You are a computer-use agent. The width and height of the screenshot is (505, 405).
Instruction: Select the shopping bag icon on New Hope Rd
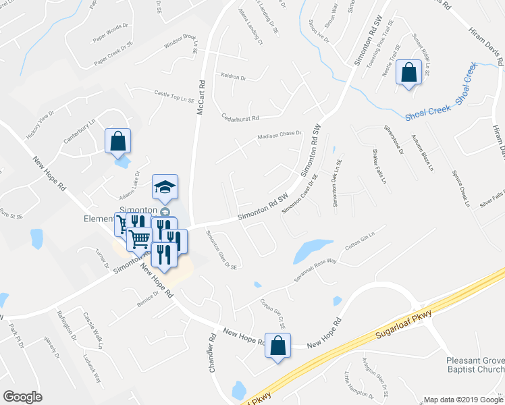tap(277, 346)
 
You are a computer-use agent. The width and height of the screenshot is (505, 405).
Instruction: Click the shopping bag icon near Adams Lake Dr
tap(117, 140)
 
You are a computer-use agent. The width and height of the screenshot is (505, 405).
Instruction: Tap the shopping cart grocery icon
tap(140, 238)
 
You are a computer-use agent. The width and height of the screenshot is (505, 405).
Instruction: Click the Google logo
tap(22, 396)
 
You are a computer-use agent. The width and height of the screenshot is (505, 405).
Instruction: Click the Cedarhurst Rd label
tap(240, 117)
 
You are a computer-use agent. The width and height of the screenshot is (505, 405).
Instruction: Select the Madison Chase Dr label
tap(279, 136)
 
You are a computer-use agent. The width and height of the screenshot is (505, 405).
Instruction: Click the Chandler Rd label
tap(212, 353)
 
